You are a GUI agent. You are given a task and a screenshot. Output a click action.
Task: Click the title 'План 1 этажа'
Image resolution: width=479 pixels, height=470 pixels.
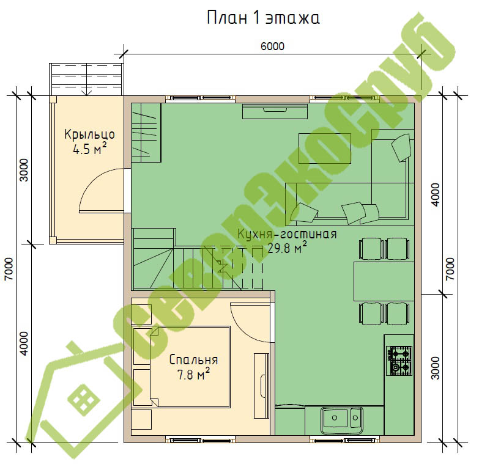(x=263, y=18)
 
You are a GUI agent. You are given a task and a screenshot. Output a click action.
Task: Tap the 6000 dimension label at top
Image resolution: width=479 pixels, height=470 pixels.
(x=272, y=46)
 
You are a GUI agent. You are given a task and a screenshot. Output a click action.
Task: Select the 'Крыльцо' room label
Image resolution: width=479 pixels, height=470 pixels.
(x=89, y=134)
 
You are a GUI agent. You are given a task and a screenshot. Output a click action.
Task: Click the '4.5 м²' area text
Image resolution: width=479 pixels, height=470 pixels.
(x=90, y=149)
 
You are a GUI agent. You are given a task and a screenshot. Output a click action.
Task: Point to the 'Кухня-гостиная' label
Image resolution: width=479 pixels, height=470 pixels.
(x=287, y=235)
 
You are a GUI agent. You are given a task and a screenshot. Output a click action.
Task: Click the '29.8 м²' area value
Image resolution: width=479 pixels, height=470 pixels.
(x=287, y=248)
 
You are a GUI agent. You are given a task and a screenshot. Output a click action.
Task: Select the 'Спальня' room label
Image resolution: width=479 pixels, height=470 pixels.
(x=193, y=360)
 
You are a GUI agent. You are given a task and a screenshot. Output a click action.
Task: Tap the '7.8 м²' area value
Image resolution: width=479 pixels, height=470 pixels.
(x=194, y=375)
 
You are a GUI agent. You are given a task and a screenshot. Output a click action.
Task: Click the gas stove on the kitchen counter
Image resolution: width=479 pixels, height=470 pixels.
(x=399, y=361)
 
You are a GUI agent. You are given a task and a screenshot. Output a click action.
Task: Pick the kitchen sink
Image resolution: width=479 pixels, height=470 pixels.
(x=342, y=420)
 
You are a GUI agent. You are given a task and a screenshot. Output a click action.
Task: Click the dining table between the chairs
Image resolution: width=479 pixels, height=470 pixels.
(x=384, y=281)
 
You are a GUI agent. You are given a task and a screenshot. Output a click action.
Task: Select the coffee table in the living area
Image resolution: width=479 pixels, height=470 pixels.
(x=325, y=149)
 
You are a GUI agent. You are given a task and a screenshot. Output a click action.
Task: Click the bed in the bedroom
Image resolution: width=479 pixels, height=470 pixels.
(x=190, y=367)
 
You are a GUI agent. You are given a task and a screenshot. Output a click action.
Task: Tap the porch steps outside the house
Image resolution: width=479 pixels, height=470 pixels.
(x=87, y=79)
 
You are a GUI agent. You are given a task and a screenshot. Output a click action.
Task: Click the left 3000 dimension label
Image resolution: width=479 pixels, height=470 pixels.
(x=24, y=170)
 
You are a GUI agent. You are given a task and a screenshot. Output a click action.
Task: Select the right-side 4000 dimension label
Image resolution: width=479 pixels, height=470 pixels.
(x=436, y=194)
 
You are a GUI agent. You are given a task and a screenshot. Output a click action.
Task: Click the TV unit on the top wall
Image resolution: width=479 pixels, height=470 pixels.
(x=275, y=111)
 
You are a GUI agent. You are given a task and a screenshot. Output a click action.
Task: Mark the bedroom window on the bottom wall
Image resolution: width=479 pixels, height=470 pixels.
(x=201, y=440)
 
